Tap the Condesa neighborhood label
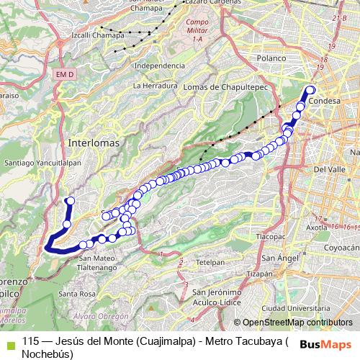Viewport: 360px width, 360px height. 323,102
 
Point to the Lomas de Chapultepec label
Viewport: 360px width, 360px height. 211,86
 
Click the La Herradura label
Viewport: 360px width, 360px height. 155,85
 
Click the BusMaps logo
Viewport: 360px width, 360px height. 326,343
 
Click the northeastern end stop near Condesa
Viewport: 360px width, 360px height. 311,90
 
